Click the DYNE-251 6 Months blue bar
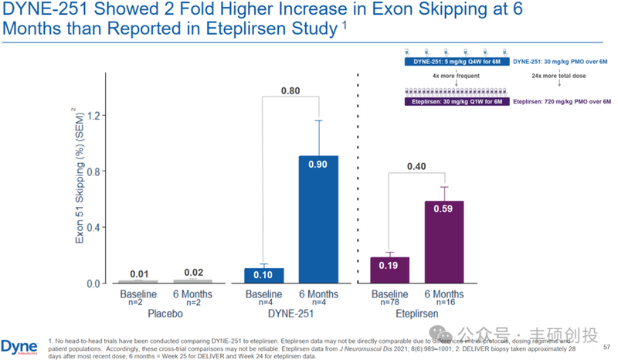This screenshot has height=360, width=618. (x=318, y=219)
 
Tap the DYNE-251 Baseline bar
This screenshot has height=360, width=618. (x=263, y=275)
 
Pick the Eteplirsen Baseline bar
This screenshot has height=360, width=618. (x=389, y=270)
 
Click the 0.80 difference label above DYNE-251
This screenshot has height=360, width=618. (x=290, y=90)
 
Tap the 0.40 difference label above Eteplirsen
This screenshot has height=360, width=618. (x=417, y=165)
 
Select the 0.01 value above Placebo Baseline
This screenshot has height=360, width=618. (x=139, y=274)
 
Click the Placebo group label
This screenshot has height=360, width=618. (x=166, y=315)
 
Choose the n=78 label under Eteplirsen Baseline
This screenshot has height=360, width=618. (x=389, y=304)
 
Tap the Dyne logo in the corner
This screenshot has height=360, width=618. (x=20, y=345)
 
